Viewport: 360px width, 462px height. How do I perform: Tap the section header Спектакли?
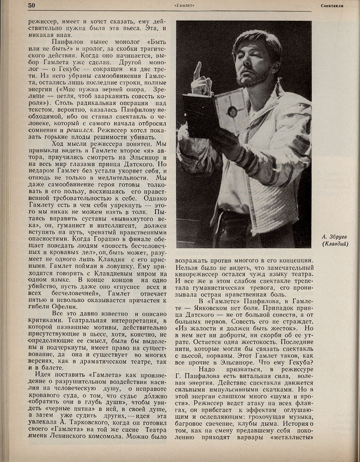pyautogui.click(x=331, y=6)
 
